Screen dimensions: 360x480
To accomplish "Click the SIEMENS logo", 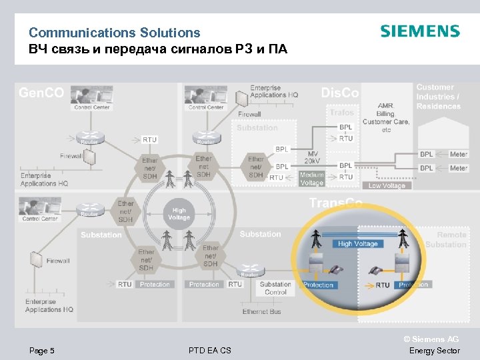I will tap(419, 31).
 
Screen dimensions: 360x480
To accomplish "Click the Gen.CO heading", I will tap(41, 93).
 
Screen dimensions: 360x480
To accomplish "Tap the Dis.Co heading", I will tap(340, 93).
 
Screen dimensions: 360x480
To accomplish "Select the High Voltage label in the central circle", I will tap(179, 213).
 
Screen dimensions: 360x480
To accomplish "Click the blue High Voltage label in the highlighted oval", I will tap(357, 244).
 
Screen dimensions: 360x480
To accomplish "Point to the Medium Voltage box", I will tap(311, 179).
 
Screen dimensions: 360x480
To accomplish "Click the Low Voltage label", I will tap(387, 186).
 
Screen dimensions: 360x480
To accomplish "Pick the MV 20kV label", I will tap(312, 157).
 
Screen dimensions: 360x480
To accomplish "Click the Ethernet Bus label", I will tap(262, 311).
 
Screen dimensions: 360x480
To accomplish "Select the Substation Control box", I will tap(275, 288).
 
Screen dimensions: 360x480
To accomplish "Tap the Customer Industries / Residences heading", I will tap(438, 97).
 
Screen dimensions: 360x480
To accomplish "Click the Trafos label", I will tap(341, 113).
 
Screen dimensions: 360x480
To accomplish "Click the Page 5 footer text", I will tap(42, 351).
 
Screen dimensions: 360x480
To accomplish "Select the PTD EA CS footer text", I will tap(209, 351).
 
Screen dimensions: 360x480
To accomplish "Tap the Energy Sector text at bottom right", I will tap(434, 351).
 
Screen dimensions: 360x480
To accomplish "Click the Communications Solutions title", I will tap(114, 32).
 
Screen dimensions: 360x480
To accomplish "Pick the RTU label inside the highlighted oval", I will tap(382, 285).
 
